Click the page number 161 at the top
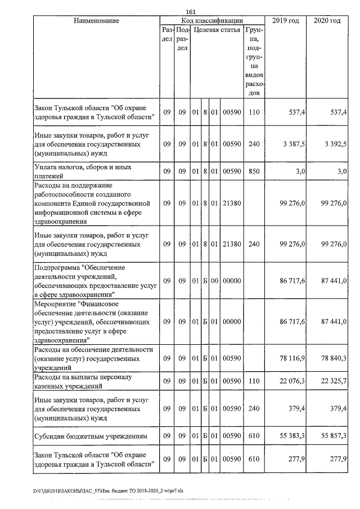point(190,11)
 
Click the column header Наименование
point(96,21)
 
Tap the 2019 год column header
point(286,21)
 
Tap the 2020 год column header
point(327,21)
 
